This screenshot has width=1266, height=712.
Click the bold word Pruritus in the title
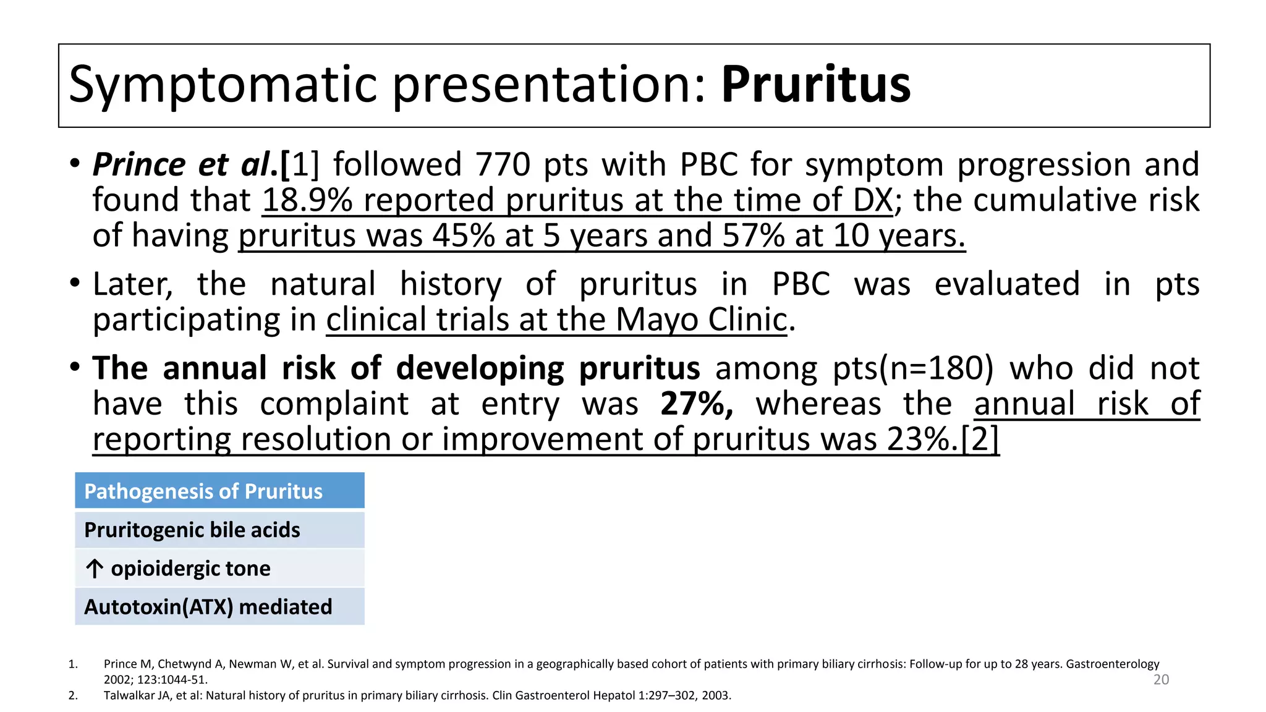[x=815, y=85]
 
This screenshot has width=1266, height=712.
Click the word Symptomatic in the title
[x=223, y=85]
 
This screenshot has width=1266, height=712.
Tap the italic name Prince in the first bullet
[x=138, y=165]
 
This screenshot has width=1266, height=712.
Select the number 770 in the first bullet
[x=503, y=165]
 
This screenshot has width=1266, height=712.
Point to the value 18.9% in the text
[x=307, y=200]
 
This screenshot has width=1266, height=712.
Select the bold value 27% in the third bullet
[x=696, y=404]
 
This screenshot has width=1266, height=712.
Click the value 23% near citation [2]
[x=922, y=439]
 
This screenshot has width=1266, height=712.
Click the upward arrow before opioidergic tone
[x=95, y=569]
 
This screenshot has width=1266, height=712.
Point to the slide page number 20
[x=1161, y=680]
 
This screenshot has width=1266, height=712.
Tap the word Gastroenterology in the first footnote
[x=1113, y=664]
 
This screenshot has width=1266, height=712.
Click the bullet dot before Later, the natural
[x=75, y=284]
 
